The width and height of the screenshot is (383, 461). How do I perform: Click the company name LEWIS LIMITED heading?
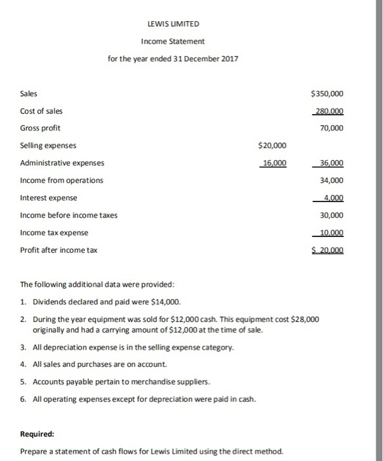coord(173,24)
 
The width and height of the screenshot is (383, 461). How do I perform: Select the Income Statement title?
coord(173,41)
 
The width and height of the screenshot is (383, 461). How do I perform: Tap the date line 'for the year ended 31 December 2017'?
coord(173,59)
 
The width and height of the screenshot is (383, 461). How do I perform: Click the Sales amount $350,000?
coord(327,94)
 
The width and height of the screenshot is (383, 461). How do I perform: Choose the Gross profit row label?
coord(41,128)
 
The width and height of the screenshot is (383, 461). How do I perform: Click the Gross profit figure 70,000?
coord(331,128)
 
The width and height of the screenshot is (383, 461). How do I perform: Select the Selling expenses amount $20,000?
coord(272,146)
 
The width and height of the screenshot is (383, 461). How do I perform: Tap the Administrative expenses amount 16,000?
coord(273,163)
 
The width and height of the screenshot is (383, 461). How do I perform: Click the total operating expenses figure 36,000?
coord(331,163)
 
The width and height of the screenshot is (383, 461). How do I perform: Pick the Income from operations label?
coord(62,180)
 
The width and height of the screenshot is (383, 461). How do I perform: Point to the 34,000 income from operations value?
coord(331,180)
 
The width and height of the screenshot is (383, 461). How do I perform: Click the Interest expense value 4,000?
coord(332,198)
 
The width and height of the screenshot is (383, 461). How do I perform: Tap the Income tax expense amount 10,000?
coord(331,232)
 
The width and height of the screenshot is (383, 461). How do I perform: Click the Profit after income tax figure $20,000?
coord(328,250)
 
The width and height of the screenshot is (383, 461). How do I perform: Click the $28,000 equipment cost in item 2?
coord(305,319)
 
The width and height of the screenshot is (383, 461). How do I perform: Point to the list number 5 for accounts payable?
coord(23,382)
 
